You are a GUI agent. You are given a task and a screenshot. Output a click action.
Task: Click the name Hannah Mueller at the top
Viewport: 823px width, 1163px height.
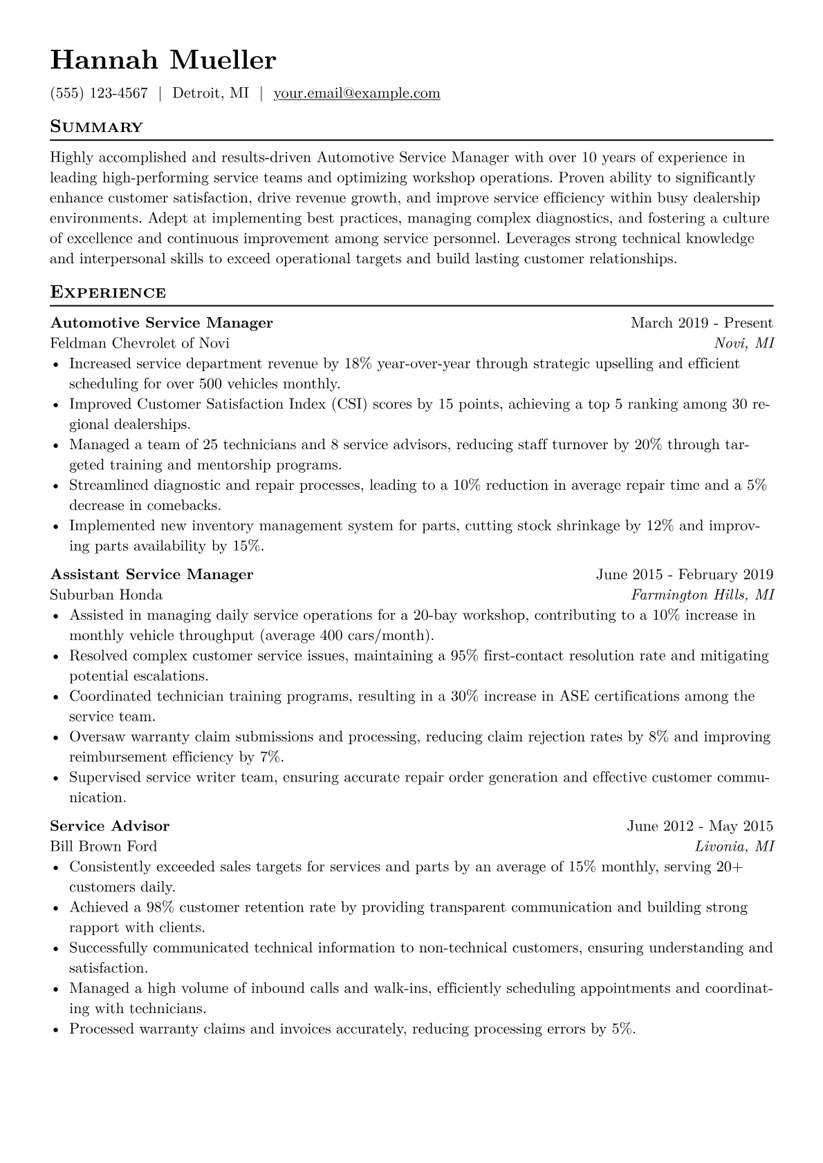(163, 61)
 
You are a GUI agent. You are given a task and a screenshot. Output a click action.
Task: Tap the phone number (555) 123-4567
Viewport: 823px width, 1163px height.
(99, 93)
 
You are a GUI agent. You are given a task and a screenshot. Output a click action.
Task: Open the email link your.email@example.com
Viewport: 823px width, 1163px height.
(357, 93)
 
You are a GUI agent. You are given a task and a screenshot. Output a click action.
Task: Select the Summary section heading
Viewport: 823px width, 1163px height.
(97, 127)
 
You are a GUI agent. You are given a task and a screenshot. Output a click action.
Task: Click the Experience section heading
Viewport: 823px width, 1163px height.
(108, 292)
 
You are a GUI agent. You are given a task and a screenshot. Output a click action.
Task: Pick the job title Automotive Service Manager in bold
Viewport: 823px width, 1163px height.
(162, 323)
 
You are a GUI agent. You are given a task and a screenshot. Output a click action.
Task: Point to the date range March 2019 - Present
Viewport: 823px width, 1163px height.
(701, 323)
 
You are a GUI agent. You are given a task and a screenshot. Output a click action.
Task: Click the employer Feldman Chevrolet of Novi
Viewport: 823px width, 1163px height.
(140, 343)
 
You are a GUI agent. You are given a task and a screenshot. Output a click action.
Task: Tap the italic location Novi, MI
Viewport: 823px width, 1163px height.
(744, 343)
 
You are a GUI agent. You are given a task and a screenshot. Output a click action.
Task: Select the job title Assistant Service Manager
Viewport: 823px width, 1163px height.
(152, 574)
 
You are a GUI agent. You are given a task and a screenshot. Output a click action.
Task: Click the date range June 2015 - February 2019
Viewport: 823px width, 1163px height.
(685, 574)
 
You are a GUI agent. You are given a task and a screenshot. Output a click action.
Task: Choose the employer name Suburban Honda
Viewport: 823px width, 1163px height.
(107, 595)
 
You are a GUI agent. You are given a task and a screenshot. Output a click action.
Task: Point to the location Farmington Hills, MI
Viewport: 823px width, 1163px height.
(703, 595)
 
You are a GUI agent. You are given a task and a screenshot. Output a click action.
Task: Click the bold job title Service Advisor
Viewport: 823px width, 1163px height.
(110, 826)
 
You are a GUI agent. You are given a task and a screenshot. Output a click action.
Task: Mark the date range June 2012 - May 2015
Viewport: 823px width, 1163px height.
(700, 826)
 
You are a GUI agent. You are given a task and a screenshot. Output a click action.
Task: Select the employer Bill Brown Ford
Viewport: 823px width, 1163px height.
(104, 847)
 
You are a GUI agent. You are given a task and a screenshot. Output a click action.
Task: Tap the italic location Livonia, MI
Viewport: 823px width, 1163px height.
(734, 847)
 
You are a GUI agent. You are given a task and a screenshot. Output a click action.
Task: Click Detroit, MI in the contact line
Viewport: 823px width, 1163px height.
(210, 93)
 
